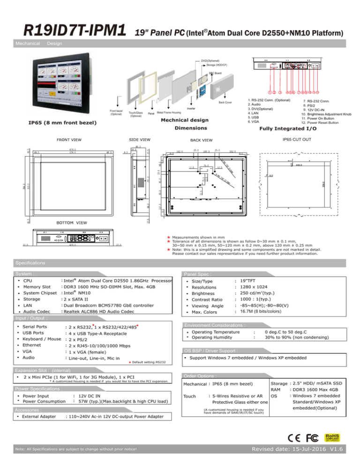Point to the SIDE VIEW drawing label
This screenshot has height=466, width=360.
(x=139, y=139)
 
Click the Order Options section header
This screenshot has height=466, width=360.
(x=201, y=376)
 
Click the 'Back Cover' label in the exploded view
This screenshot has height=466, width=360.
(x=225, y=102)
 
